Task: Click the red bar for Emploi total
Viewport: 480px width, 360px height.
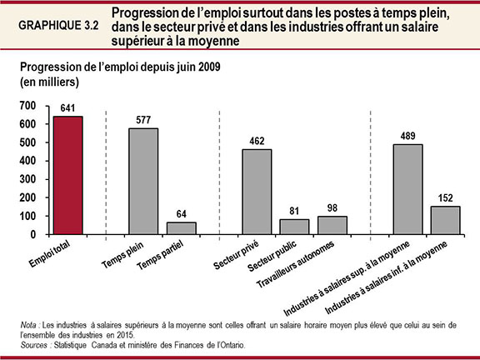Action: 68,175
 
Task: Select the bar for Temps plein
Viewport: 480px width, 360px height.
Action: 143,181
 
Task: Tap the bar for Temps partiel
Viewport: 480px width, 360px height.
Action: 181,228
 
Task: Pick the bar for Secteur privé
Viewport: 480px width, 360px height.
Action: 257,192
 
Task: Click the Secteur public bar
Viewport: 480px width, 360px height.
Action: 294,227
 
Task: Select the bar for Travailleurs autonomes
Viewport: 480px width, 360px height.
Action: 332,225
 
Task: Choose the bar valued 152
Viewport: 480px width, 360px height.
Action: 445,220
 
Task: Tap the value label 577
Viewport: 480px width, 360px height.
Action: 143,120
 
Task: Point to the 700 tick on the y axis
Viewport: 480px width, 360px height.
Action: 28,106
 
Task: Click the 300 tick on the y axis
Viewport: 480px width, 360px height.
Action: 28,179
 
